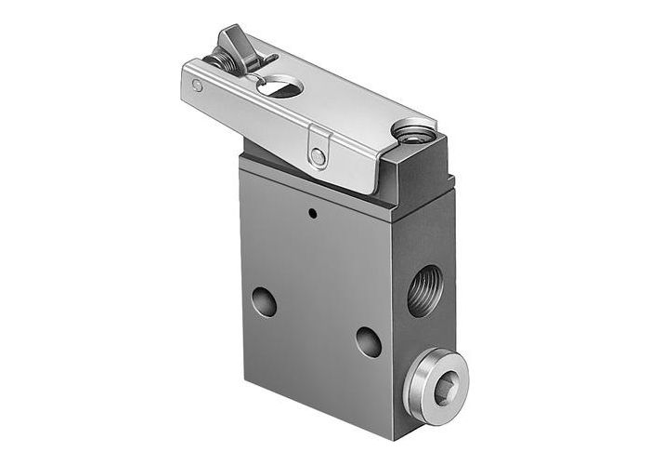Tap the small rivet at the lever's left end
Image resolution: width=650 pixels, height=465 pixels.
(x=197, y=86)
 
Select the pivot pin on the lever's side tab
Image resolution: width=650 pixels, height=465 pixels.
(x=318, y=157)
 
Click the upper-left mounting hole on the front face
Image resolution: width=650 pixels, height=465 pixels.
(x=264, y=302)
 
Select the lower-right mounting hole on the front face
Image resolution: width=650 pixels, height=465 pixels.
(x=368, y=341)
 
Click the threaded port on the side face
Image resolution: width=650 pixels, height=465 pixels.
(x=425, y=289)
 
